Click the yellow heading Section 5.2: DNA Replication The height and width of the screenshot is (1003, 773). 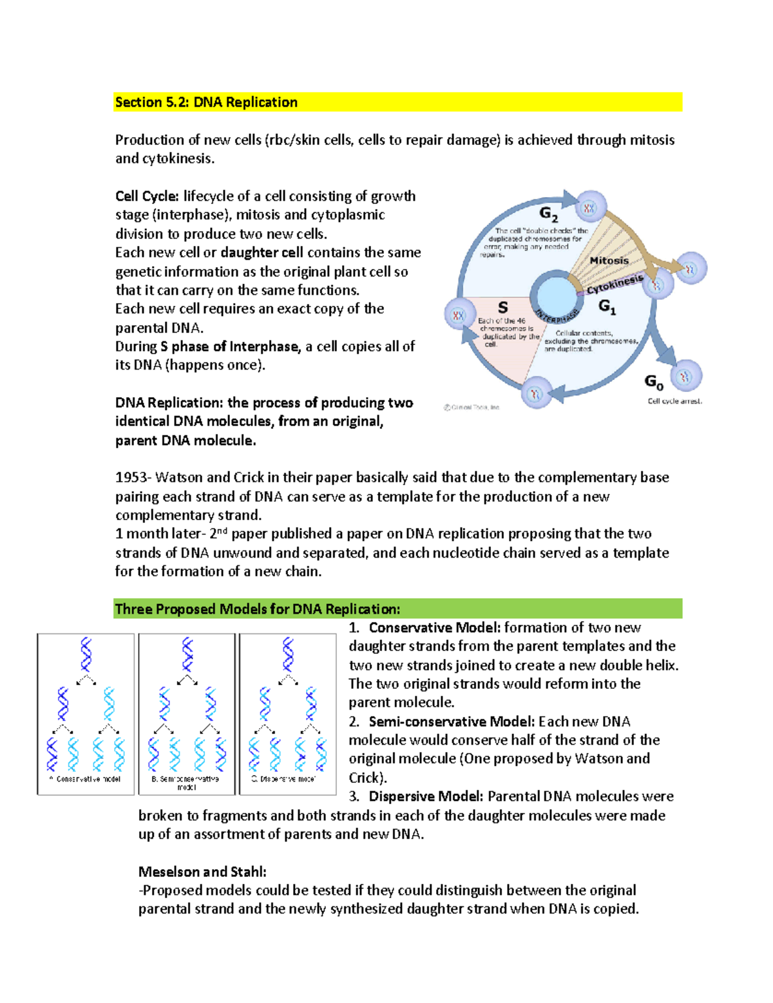(206, 102)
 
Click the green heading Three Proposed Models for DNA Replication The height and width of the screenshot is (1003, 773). (257, 609)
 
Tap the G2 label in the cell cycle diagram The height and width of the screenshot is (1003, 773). (548, 214)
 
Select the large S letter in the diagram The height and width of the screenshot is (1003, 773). (502, 308)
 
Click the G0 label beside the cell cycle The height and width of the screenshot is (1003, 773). (654, 382)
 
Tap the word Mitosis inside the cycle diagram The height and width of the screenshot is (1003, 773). (609, 261)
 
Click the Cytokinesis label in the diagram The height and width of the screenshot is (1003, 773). (615, 284)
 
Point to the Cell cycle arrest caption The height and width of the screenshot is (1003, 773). (674, 401)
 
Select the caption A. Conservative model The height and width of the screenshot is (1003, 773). (85, 779)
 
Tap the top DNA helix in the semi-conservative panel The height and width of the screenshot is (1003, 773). (187, 654)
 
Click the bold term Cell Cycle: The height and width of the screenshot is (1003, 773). (147, 196)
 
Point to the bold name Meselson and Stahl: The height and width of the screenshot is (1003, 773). (202, 872)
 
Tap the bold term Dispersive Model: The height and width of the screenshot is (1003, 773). (426, 796)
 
